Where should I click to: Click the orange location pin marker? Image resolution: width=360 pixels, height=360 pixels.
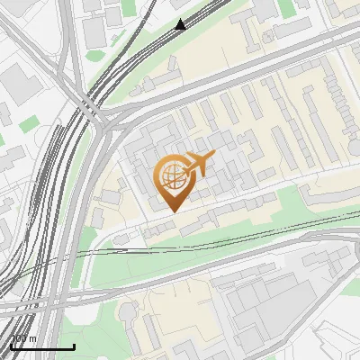[x=173, y=181]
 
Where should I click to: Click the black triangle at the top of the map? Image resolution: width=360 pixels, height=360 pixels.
[x=181, y=24]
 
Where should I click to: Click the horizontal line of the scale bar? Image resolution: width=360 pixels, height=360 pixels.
[x=42, y=346]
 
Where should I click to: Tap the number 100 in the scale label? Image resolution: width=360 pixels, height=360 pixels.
[x=19, y=339]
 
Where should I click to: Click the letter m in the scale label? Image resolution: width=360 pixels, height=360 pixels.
[x=32, y=339]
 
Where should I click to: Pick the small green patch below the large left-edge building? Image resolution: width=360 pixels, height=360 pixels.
[x=30, y=121]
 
